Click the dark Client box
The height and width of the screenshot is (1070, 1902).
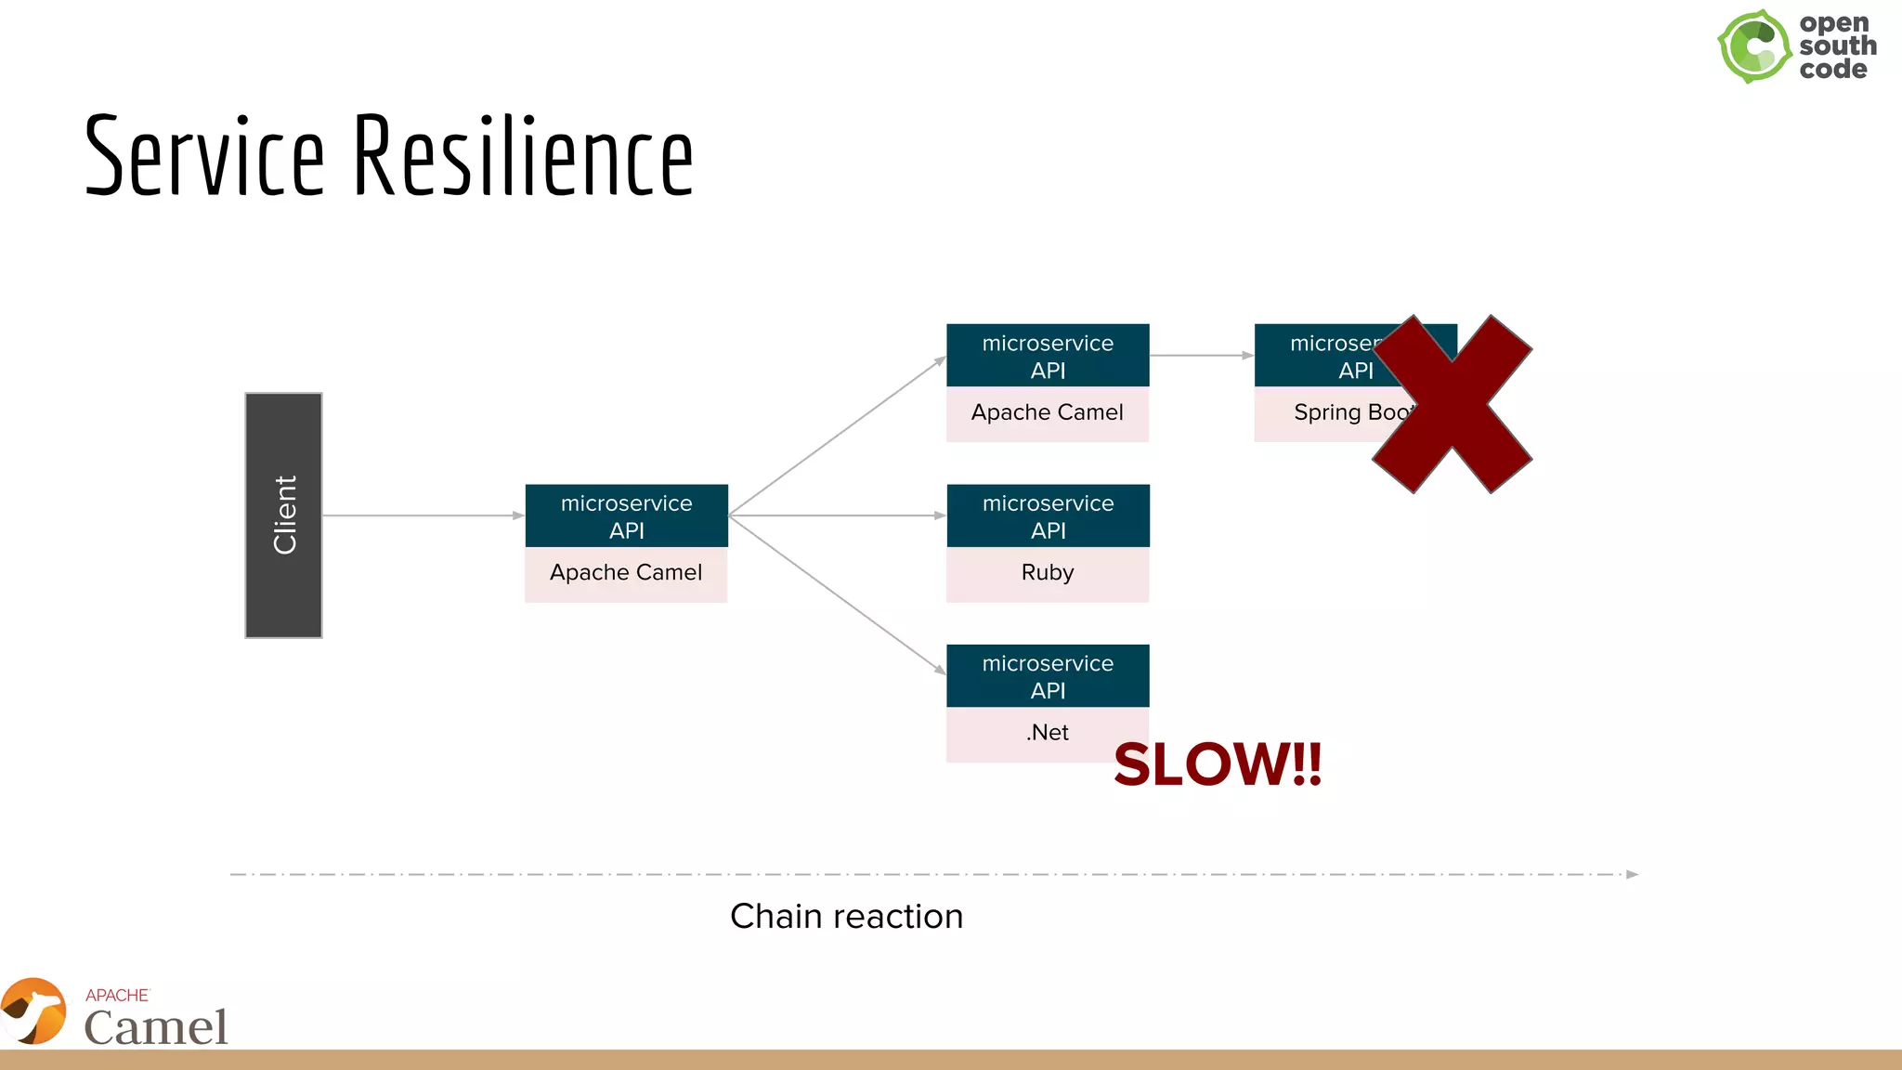(x=283, y=515)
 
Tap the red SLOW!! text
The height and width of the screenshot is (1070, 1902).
(x=1218, y=764)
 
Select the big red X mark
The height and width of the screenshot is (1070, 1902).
(x=1452, y=404)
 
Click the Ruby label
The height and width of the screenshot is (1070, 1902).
(x=1048, y=573)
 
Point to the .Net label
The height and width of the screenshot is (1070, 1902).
(x=1048, y=733)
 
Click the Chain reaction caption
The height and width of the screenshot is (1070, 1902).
(x=846, y=917)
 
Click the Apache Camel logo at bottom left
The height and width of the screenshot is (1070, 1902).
(x=116, y=1014)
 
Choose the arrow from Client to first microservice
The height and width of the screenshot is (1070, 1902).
(x=423, y=515)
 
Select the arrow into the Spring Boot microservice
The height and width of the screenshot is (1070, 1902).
(x=1202, y=356)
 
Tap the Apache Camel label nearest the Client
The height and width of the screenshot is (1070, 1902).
(x=626, y=573)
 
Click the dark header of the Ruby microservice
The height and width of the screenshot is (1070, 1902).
(x=1048, y=516)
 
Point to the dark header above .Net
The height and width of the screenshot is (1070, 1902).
(x=1048, y=676)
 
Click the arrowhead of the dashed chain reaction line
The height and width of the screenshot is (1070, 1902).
(x=1632, y=875)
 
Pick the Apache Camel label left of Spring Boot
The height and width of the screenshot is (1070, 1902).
(x=1048, y=412)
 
